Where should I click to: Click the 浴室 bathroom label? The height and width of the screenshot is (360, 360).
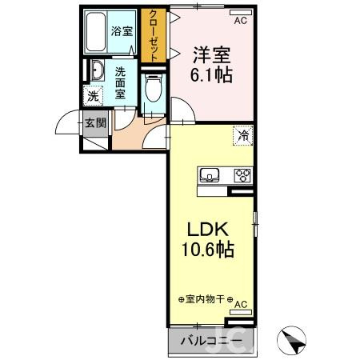(122, 32)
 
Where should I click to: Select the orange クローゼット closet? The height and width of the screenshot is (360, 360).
(152, 35)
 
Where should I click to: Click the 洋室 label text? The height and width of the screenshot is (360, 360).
(210, 55)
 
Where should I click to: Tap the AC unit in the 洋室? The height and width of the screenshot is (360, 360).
(240, 22)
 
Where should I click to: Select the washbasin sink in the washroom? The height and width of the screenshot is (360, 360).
(96, 71)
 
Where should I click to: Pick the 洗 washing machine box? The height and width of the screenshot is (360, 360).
(93, 96)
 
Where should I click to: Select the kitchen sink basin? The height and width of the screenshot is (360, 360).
(210, 176)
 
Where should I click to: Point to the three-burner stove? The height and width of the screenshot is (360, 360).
(241, 175)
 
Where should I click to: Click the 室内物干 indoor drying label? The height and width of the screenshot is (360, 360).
(204, 299)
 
